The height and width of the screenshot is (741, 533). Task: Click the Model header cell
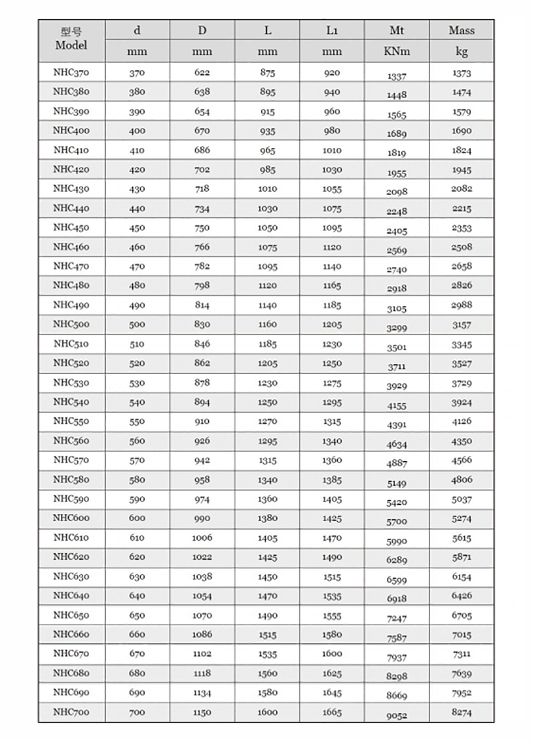tap(71, 39)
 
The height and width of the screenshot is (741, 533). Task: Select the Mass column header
tap(461, 30)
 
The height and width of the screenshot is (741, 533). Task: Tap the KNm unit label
tap(396, 51)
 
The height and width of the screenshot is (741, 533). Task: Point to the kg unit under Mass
tap(461, 51)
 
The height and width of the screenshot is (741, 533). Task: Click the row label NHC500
tap(71, 324)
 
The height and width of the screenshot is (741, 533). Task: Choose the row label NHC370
tap(71, 72)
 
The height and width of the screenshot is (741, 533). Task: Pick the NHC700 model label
tap(71, 711)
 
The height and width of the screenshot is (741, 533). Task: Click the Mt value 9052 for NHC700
tap(397, 715)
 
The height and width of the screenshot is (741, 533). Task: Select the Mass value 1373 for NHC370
tap(461, 73)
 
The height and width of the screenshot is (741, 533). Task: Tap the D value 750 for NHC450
tap(202, 228)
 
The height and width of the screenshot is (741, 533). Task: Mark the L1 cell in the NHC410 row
tap(332, 150)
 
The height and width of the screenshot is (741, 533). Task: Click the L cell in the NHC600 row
tap(267, 518)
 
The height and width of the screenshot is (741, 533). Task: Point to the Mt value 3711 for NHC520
tap(397, 367)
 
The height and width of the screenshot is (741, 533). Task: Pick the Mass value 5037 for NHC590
tap(461, 499)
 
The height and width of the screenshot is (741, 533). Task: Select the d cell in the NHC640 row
tap(137, 596)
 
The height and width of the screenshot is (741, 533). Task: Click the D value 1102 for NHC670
tap(202, 654)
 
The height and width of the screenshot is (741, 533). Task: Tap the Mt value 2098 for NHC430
tap(397, 192)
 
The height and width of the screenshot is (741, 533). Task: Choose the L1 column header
tap(332, 30)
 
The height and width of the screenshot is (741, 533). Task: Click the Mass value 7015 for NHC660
tap(461, 634)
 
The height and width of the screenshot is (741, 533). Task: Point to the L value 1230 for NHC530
tap(267, 383)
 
